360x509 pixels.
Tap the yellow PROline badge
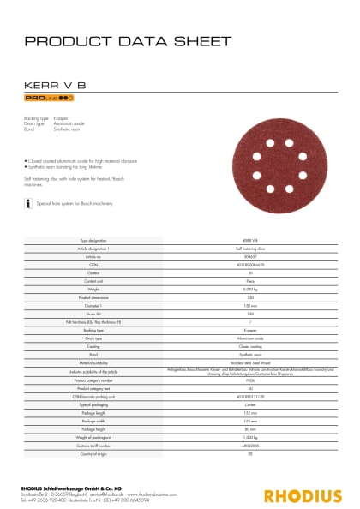tap(49, 100)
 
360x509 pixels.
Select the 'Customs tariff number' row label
tap(93, 446)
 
